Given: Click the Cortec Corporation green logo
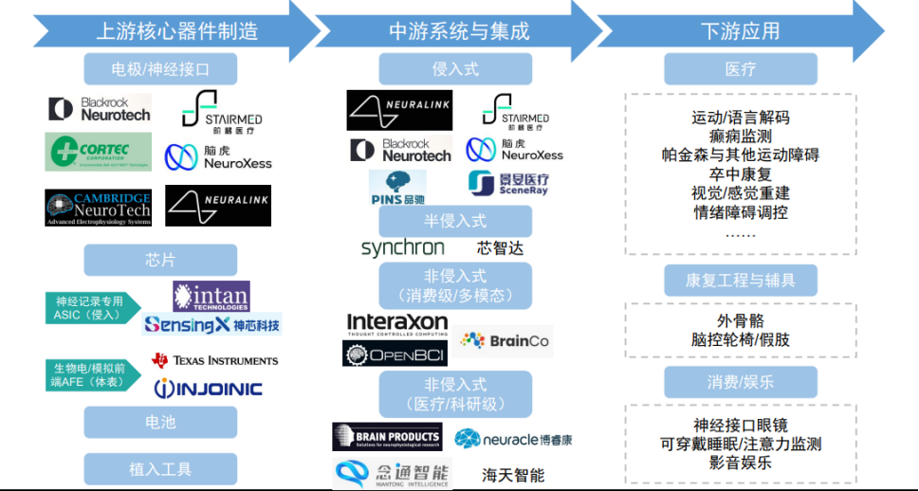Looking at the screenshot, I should pyautogui.click(x=98, y=152).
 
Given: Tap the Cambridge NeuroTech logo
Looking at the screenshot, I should pyautogui.click(x=98, y=208).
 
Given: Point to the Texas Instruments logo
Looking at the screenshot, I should pyautogui.click(x=215, y=360).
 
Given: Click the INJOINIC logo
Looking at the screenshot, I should pyautogui.click(x=208, y=388).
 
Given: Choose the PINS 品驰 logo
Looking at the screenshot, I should pyautogui.click(x=397, y=188).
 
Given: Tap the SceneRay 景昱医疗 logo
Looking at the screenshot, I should pyautogui.click(x=507, y=183).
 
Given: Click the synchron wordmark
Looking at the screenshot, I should pyautogui.click(x=402, y=248).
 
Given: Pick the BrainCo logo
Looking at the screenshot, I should pyautogui.click(x=505, y=340).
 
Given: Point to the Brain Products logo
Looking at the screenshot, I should pyautogui.click(x=386, y=437).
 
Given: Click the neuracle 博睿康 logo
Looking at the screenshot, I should pyautogui.click(x=513, y=439).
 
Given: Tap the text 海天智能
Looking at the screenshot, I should pyautogui.click(x=513, y=475).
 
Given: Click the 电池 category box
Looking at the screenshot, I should pyautogui.click(x=159, y=421).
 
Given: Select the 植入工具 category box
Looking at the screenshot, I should pyautogui.click(x=159, y=468).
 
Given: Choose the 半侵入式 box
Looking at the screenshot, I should pyautogui.click(x=455, y=221).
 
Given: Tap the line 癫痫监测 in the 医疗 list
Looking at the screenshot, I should pyautogui.click(x=740, y=136).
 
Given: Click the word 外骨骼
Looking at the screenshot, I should pyautogui.click(x=740, y=320).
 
